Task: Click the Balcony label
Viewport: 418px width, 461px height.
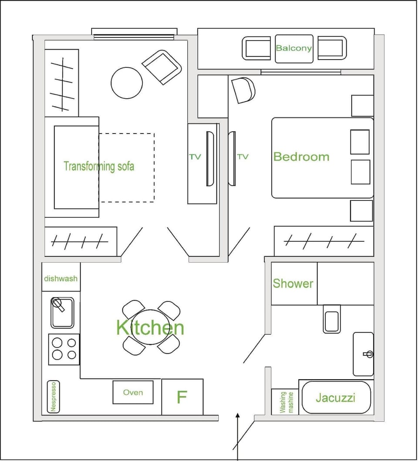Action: (293, 48)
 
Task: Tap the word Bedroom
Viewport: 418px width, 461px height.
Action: (301, 157)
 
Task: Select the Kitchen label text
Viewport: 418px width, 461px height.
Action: (150, 327)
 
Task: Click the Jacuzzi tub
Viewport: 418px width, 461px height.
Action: (336, 398)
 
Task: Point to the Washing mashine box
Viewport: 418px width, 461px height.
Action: (285, 402)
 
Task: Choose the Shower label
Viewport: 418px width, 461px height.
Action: (293, 284)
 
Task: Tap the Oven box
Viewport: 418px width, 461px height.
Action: (133, 392)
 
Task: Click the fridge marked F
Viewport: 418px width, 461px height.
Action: (182, 397)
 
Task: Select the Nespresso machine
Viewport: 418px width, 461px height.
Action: (53, 397)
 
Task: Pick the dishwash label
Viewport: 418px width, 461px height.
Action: (61, 278)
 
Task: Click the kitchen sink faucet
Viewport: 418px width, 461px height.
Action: (58, 304)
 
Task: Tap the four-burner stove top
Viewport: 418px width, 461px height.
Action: (64, 349)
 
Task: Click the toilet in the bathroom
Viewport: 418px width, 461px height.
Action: (332, 319)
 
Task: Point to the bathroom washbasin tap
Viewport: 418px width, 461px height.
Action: (368, 354)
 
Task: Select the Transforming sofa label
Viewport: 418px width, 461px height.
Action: (99, 167)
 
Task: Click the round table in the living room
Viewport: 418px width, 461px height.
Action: (127, 83)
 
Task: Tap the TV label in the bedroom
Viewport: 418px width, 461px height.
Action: (243, 157)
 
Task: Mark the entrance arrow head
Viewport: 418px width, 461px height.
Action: (238, 416)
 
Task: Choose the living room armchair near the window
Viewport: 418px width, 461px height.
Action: (162, 67)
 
